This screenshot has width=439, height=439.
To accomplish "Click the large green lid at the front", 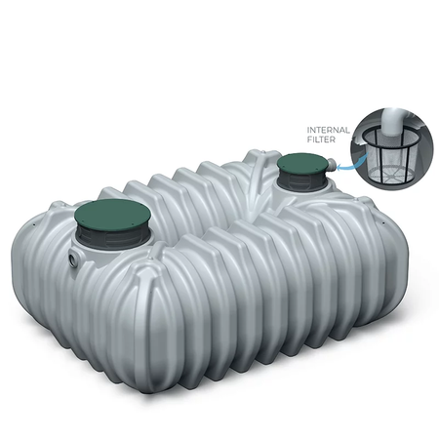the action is point(112,215).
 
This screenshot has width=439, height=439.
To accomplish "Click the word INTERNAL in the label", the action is point(328,130).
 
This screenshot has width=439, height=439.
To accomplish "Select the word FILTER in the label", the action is point(321,140).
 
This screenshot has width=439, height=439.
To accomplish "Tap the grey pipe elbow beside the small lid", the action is point(331,164).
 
